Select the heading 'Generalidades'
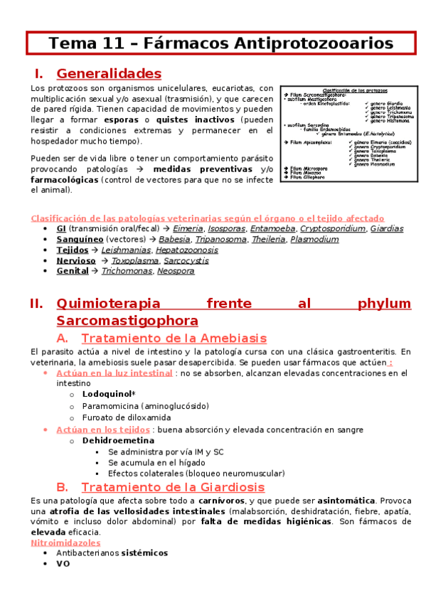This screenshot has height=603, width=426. point(109,73)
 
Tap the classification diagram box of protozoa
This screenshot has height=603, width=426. point(347,134)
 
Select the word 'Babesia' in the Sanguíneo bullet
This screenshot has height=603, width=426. point(174,240)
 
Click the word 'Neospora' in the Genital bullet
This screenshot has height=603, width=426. point(176,271)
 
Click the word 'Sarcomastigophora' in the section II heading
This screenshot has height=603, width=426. point(127,320)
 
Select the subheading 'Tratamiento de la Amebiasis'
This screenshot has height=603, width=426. point(174,338)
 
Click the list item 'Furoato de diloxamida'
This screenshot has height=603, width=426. point(126,417)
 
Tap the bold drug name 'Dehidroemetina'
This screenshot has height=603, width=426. point(118,440)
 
